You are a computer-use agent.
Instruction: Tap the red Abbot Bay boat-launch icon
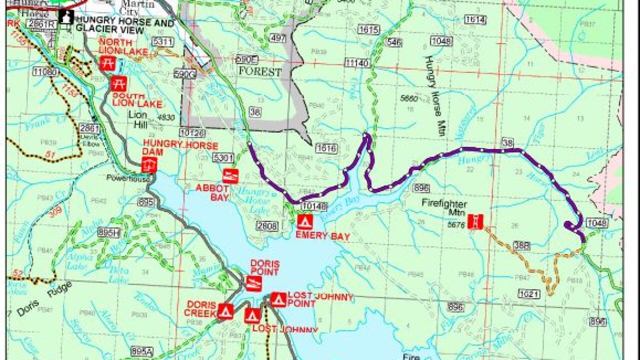tap(230, 176)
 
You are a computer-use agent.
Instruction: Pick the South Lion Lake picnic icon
tap(118, 83)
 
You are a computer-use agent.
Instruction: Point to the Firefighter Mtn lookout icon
tap(475, 221)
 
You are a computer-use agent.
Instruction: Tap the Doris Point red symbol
tap(253, 283)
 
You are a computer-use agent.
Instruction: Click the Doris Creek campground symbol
tap(225, 311)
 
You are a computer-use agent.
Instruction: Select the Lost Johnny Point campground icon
tap(278, 299)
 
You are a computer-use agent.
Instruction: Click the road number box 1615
tap(368, 30)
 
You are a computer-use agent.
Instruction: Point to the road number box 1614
tap(474, 19)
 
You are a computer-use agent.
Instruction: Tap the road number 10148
tap(314, 206)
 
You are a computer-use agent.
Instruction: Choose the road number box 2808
tap(266, 226)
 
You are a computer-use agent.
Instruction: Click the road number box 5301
tap(223, 158)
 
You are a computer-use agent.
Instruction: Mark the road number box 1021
tap(529, 293)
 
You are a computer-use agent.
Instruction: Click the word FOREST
tap(259, 72)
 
